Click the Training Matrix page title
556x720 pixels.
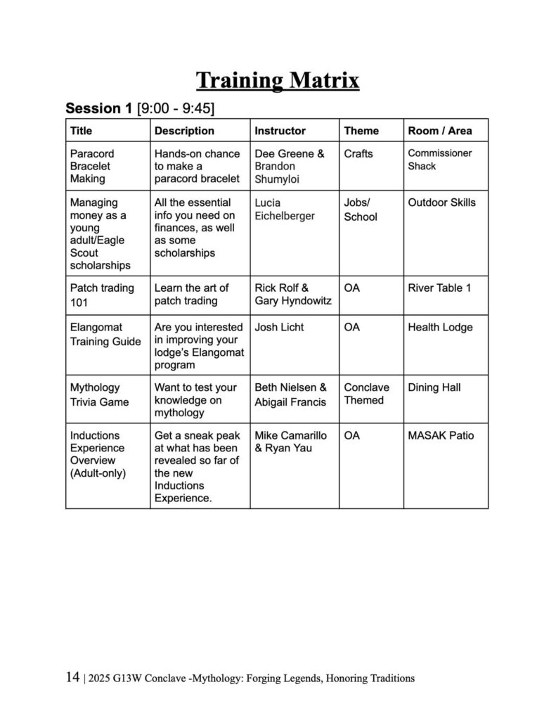[278, 80]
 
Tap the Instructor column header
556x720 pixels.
[280, 131]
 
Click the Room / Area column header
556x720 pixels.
[440, 131]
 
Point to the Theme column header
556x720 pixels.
[361, 131]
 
